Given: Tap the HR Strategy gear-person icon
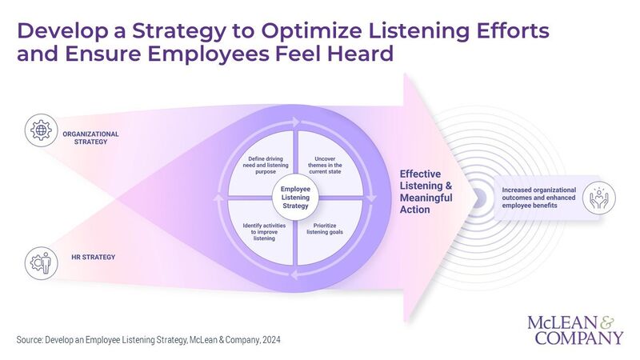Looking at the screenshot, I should [39, 262].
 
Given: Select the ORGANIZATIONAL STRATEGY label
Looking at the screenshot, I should [90, 138].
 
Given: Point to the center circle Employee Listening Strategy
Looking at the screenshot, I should [296, 194].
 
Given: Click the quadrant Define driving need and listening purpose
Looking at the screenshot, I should [262, 166].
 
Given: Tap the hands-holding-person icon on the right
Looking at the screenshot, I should [598, 195].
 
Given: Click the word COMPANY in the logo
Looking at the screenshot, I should [576, 338].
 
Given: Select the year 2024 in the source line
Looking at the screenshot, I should [269, 340].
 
